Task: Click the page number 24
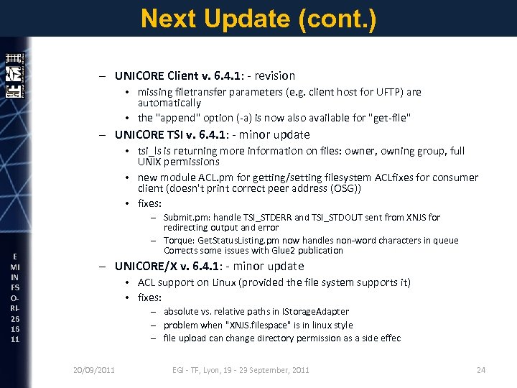pos(480,370)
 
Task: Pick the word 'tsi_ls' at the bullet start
pos(150,151)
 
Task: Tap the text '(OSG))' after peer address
pos(345,188)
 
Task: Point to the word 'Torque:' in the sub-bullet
pos(180,240)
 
